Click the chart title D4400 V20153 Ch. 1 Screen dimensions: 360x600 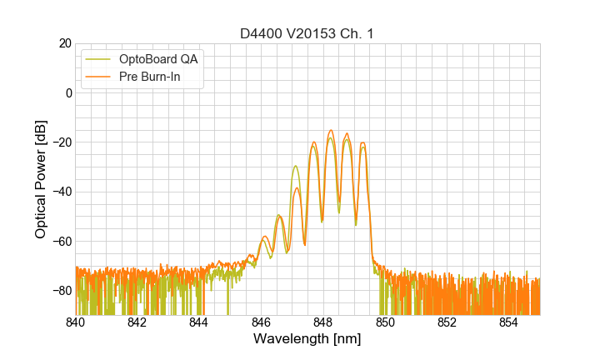coord(307,33)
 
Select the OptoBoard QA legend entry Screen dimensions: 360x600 coord(157,59)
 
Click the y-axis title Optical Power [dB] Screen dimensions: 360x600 coord(41,179)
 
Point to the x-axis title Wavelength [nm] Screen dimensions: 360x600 coord(307,340)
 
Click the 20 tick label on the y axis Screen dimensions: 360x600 coord(63,43)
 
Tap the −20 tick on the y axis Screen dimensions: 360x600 coord(61,142)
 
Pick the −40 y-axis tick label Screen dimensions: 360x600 coord(61,192)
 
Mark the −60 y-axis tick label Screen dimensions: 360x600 coord(61,242)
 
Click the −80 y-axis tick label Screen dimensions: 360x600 coord(61,291)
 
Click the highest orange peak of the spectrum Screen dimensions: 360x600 coord(331,131)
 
